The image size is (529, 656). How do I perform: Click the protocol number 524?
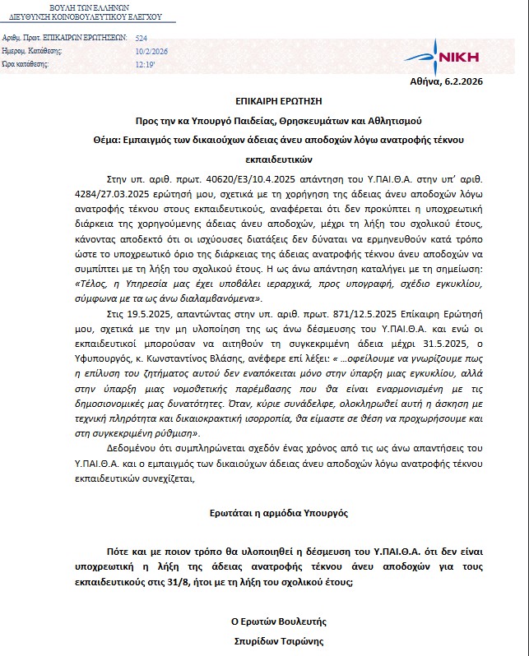[x=141, y=38]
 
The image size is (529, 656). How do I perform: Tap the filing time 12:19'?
[x=146, y=64]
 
